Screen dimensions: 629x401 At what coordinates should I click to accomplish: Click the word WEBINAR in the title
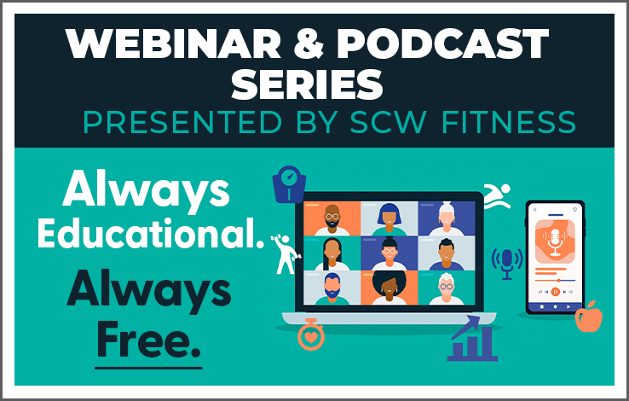coord(173,44)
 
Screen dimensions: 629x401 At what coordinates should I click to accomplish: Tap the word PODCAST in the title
coord(442,44)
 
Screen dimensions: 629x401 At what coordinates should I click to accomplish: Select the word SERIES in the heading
coord(308,84)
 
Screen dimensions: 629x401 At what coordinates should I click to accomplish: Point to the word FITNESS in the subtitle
coord(509,122)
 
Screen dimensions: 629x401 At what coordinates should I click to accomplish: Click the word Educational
coord(151,233)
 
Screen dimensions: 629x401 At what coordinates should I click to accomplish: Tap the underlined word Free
coord(148,340)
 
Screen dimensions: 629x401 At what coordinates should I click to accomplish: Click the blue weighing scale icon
coord(289,184)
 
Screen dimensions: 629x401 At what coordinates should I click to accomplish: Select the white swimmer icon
coord(498,196)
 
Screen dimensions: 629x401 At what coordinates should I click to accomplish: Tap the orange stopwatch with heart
coord(311,334)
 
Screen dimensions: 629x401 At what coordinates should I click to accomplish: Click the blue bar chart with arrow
coord(472,338)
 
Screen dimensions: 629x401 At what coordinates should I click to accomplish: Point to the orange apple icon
coord(589,317)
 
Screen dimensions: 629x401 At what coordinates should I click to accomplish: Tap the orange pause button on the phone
coord(556,292)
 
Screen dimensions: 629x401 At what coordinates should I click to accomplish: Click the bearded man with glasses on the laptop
coord(332,218)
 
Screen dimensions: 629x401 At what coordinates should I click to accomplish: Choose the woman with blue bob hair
coord(390,218)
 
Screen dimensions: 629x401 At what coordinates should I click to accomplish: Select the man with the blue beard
coord(332,288)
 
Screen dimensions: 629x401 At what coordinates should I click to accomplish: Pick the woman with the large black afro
coord(390,288)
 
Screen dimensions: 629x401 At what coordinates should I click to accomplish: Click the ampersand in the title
coord(309,44)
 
